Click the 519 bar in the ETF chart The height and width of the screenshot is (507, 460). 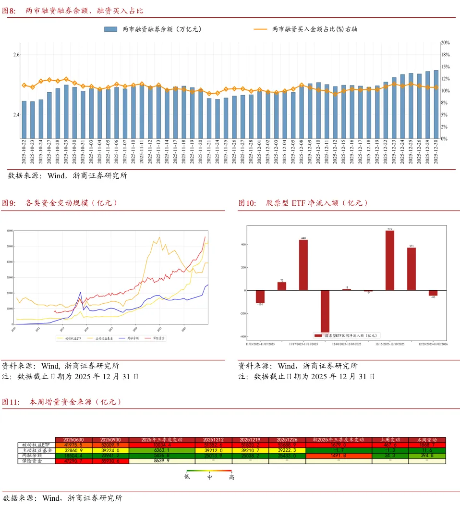[x=389, y=260]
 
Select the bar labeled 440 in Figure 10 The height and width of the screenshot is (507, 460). [x=303, y=265]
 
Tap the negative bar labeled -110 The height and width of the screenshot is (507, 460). [x=260, y=296]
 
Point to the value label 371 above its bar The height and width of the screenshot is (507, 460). [x=412, y=246]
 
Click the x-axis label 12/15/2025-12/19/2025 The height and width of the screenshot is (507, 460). [x=389, y=344]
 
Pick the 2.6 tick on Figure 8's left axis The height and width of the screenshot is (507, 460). [x=16, y=55]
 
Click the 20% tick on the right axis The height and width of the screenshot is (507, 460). [x=445, y=43]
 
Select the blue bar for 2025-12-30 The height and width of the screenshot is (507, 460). [x=436, y=104]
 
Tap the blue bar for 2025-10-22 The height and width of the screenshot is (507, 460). [x=24, y=120]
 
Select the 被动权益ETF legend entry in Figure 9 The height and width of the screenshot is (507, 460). [x=70, y=338]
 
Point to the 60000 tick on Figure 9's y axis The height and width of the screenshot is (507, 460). [x=10, y=231]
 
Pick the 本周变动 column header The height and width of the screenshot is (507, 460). [x=427, y=440]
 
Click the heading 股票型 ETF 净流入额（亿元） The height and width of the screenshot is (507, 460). [x=317, y=203]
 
